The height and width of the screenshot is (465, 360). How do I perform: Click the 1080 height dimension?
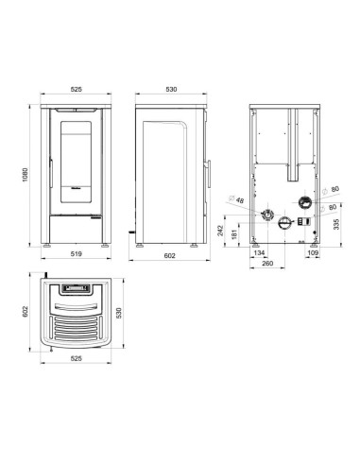[26, 174]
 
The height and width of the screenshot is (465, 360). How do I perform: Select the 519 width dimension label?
[77, 253]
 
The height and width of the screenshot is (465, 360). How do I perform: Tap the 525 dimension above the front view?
[77, 89]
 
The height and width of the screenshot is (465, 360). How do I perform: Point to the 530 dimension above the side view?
[171, 89]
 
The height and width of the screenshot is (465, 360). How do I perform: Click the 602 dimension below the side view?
[169, 256]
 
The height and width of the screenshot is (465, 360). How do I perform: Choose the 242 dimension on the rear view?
[220, 231]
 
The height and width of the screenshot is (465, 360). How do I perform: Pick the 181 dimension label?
[234, 234]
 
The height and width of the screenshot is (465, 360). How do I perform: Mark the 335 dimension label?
[336, 224]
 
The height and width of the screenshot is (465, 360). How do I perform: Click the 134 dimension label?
[259, 252]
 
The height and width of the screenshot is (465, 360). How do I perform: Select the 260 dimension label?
[267, 263]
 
